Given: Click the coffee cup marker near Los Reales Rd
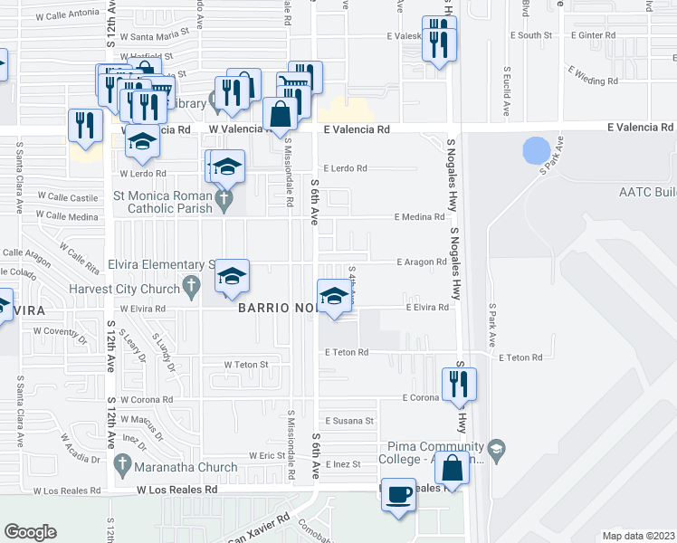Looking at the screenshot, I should point(398,494).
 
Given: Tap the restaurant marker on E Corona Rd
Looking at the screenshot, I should point(460,385).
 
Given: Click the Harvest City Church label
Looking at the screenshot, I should point(127,290).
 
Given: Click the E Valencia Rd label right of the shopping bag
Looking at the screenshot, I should point(357,129).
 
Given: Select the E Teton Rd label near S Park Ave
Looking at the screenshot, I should point(519,357).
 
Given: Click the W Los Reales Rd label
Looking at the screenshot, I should point(177,490).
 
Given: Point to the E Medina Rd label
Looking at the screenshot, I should point(419,217).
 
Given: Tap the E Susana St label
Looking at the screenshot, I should point(350,421).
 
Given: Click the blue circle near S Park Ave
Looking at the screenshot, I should point(536,149).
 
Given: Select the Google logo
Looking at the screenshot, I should point(30,531).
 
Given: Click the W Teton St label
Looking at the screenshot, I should point(246,365).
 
